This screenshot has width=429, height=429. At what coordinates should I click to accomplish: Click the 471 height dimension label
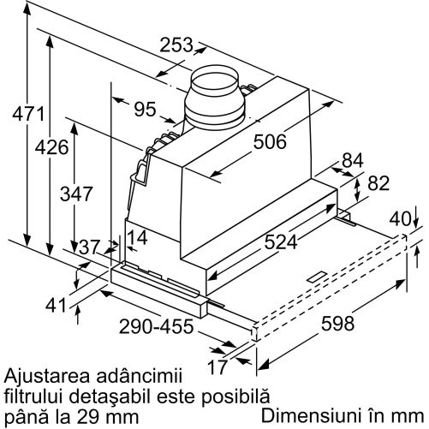coord(28,114)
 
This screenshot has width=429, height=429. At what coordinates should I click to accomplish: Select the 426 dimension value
coord(51,147)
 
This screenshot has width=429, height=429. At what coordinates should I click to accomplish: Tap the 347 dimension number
coord(76,194)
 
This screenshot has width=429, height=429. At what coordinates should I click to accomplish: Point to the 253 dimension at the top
coord(176,45)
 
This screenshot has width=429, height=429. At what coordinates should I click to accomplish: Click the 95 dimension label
coord(146,110)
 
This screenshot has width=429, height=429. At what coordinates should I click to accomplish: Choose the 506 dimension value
coord(270,142)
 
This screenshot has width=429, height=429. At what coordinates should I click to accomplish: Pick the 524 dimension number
coord(281,242)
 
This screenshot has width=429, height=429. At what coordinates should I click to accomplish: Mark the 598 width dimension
coord(337,324)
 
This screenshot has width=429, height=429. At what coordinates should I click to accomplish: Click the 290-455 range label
coord(156,326)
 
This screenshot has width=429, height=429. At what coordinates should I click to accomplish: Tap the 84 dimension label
coord(353,160)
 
